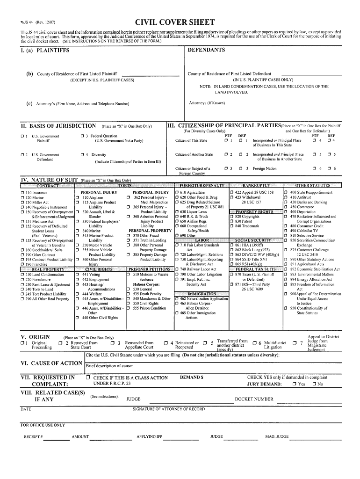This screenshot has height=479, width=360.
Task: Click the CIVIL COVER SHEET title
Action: pyautogui.click(x=175, y=22)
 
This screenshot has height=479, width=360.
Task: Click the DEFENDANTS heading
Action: pyautogui.click(x=206, y=50)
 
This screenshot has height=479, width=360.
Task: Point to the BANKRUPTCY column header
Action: pyautogui.click(x=255, y=186)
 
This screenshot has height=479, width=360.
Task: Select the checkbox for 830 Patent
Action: pyautogui.click(x=232, y=221)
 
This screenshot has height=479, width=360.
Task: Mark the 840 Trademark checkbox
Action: pyautogui.click(x=232, y=226)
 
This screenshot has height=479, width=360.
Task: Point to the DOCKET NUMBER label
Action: pyautogui.click(x=254, y=399)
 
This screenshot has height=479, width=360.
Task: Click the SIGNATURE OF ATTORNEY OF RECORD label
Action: pyautogui.click(x=169, y=409)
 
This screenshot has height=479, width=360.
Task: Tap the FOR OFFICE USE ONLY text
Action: pyautogui.click(x=43, y=425)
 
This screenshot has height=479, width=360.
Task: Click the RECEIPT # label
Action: pyautogui.click(x=34, y=436)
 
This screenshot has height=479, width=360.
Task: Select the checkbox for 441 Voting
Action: pyautogui.click(x=77, y=275)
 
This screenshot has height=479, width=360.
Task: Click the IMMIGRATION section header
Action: pyautogui.click(x=202, y=294)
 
